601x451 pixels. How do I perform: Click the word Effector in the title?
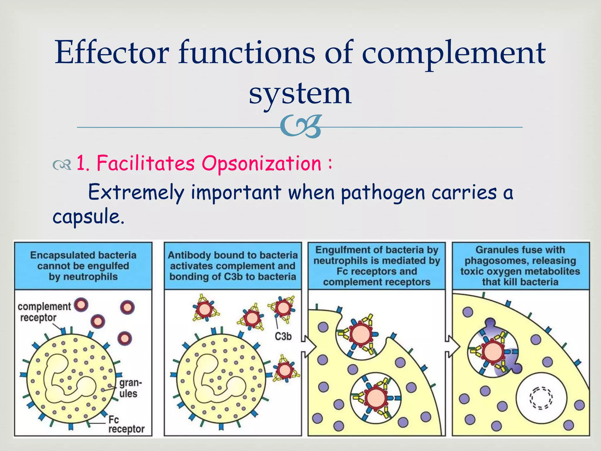[x=112, y=53]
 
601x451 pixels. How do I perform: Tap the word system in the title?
[x=300, y=93]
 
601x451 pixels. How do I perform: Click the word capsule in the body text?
[x=88, y=217]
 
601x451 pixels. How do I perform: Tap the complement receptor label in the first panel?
[x=44, y=312]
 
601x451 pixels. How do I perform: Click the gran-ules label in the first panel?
[x=130, y=388]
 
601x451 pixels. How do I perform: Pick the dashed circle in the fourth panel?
[x=541, y=398]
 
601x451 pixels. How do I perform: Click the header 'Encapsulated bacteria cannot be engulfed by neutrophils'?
[x=83, y=266]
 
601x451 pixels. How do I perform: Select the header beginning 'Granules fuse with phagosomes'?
[x=520, y=266]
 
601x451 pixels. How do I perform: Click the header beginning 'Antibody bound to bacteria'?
[x=233, y=266]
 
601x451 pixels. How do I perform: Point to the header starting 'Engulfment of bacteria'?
[x=377, y=266]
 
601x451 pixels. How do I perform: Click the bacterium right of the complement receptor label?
[x=81, y=305]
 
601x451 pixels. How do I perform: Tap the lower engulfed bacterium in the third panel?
[x=376, y=398]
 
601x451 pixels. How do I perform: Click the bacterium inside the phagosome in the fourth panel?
[x=493, y=351]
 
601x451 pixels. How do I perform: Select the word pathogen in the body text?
[x=382, y=193]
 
